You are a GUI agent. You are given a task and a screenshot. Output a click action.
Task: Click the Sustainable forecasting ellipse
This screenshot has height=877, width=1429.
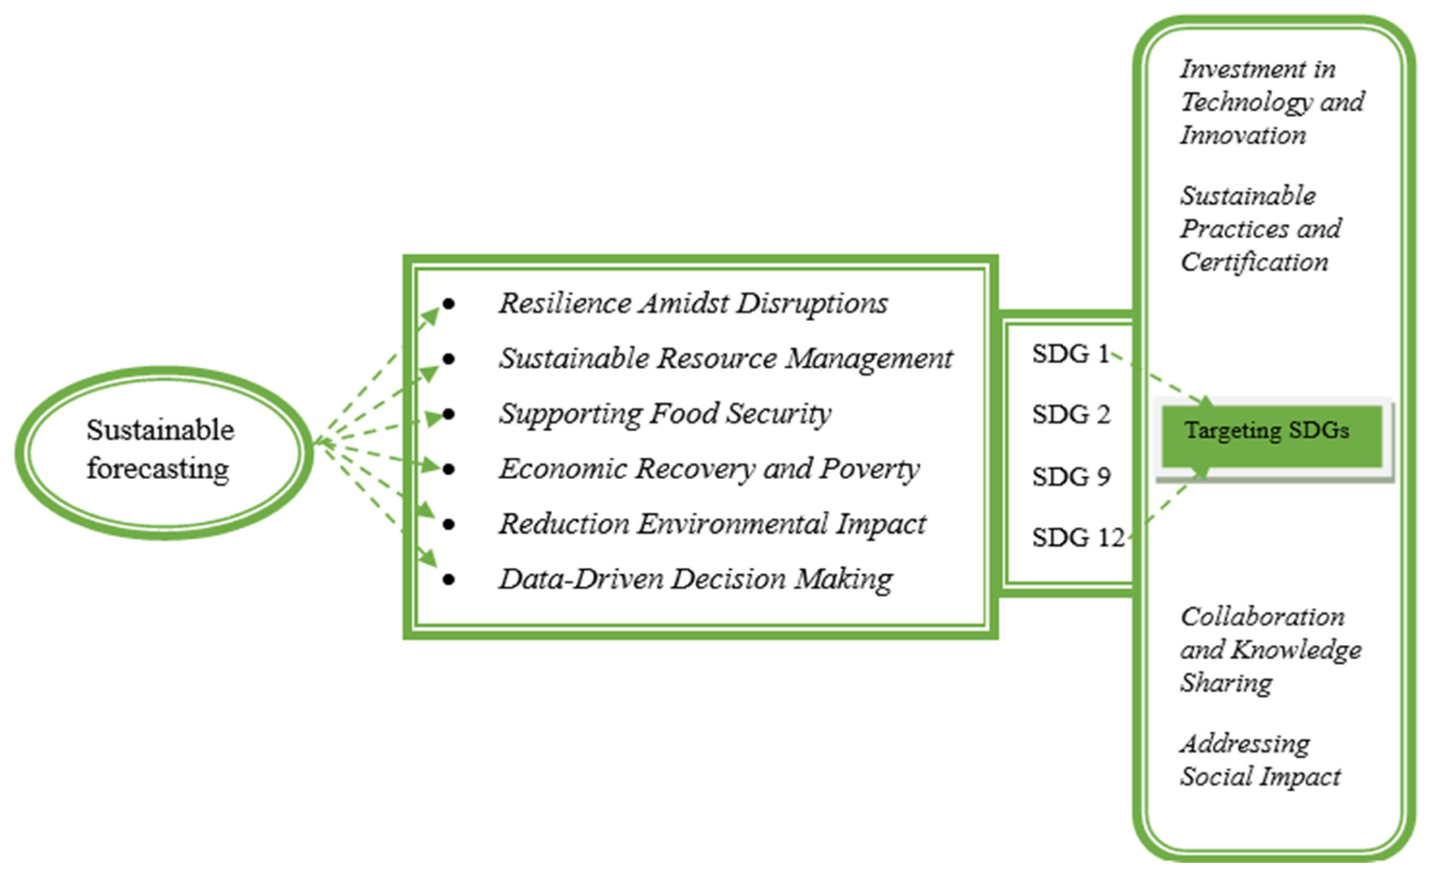(x=164, y=452)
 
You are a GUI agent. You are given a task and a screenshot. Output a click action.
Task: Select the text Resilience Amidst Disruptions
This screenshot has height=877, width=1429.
(x=693, y=303)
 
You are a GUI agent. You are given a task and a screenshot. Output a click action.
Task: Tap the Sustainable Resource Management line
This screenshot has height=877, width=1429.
(x=725, y=358)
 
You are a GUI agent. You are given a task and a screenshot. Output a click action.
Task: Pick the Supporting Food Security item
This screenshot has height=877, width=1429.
(x=664, y=413)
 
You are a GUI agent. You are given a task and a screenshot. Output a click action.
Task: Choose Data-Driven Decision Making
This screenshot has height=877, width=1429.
(x=695, y=579)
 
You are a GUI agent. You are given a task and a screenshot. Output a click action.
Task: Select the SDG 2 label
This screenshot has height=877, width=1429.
(x=1071, y=415)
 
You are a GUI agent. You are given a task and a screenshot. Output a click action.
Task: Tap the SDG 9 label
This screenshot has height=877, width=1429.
(x=1071, y=477)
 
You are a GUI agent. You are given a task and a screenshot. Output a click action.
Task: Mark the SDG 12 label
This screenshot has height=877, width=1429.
(x=1077, y=538)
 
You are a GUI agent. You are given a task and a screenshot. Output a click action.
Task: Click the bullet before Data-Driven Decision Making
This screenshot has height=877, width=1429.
(x=448, y=579)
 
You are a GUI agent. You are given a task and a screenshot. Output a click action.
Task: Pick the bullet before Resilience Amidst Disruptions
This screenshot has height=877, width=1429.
(x=448, y=303)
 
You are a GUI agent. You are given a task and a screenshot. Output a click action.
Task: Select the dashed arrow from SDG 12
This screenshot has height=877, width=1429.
(x=1165, y=504)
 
